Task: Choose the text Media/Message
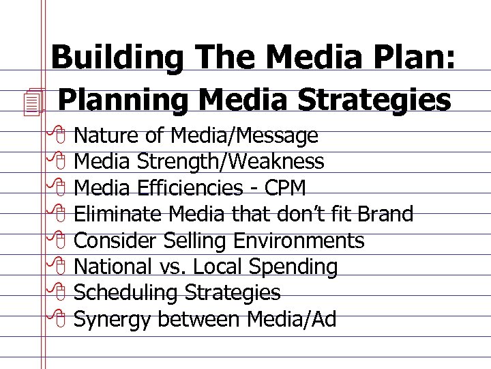point(245,136)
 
